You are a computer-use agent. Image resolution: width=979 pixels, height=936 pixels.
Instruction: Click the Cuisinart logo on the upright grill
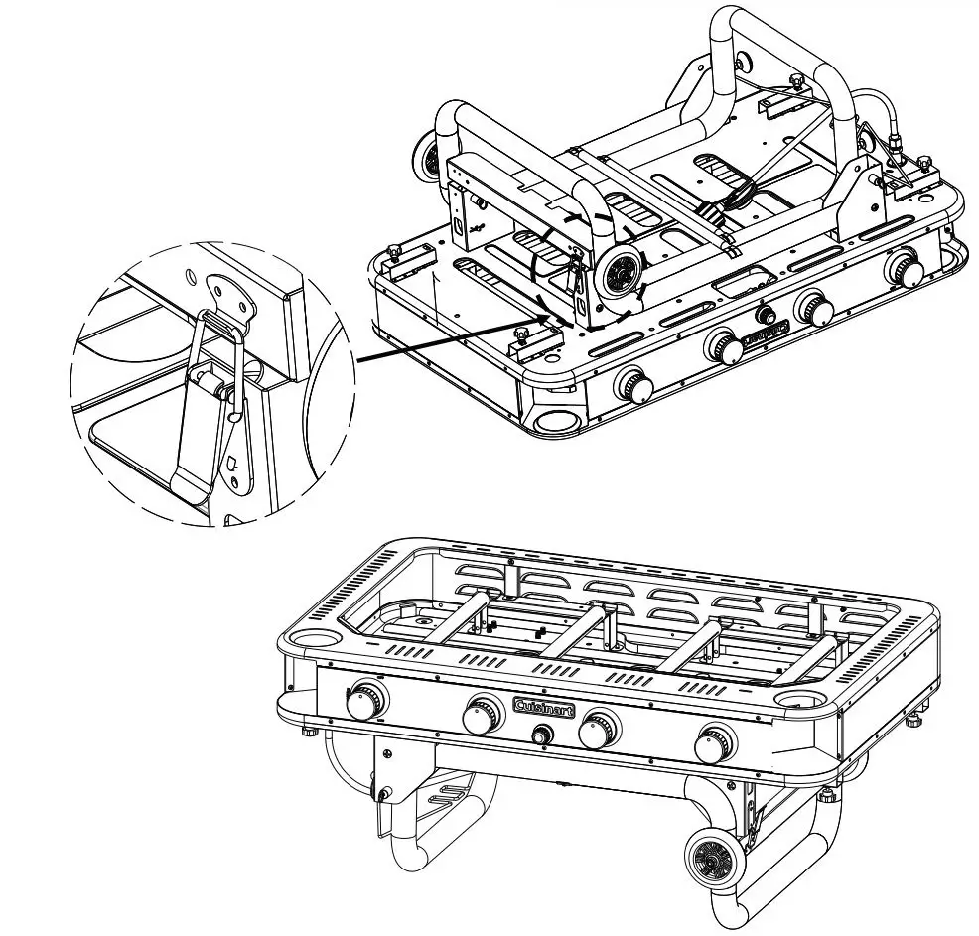(x=545, y=706)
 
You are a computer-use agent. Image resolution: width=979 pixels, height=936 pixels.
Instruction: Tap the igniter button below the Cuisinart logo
(x=543, y=736)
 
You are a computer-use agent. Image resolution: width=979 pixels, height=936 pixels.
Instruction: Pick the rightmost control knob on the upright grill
(x=716, y=743)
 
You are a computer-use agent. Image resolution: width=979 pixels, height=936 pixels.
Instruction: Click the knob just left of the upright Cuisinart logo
(x=485, y=715)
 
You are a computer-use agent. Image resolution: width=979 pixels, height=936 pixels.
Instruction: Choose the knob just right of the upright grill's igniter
(x=600, y=731)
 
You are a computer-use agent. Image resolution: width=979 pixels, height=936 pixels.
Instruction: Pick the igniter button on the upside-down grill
(x=766, y=315)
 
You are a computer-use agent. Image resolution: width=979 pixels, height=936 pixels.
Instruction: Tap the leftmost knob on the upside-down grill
(x=632, y=383)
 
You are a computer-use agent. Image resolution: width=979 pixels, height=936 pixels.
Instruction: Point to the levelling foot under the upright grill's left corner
(x=309, y=731)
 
